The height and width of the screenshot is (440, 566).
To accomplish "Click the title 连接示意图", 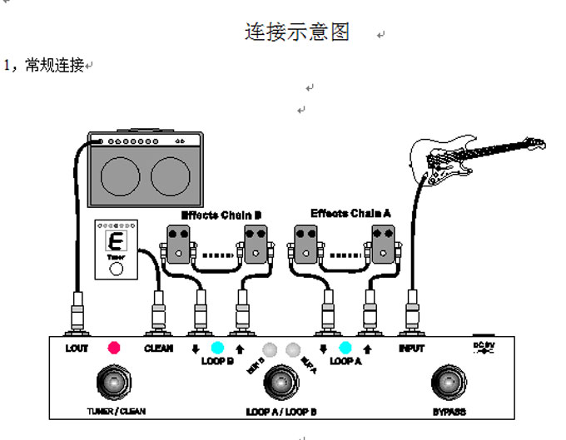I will point(297,32).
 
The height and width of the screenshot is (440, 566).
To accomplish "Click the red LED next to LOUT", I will point(114,348).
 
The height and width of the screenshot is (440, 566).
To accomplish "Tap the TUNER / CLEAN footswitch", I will point(111,383).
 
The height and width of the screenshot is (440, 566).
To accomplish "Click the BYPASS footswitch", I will point(448,383).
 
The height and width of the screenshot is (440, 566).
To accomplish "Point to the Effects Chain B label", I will point(221,215).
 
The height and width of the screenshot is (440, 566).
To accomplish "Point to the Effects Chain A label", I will point(350,214).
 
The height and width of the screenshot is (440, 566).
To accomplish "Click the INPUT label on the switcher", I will point(411,349).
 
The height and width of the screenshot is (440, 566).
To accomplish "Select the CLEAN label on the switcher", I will point(158,349).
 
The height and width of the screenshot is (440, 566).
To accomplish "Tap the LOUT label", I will point(77,349).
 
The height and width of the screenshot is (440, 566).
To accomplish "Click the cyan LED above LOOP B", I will point(216,348).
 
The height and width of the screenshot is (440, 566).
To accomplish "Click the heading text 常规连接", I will point(55,65).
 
